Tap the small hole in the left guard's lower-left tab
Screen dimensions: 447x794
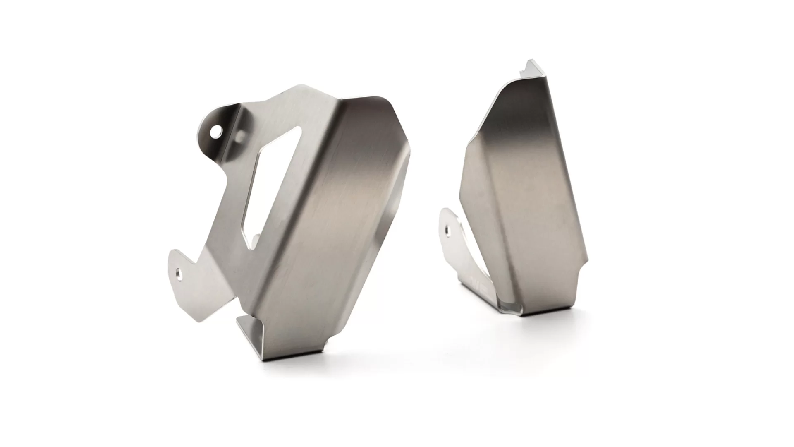point(179,273)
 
